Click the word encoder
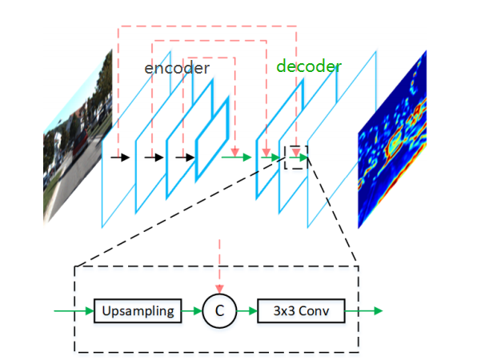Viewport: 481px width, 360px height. click(x=177, y=68)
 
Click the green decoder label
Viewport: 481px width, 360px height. click(x=309, y=66)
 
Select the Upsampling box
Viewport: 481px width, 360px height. click(x=138, y=310)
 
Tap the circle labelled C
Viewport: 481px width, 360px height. click(x=218, y=310)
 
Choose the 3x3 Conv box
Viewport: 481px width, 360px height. click(x=300, y=310)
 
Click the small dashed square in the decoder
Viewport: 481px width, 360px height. click(x=296, y=157)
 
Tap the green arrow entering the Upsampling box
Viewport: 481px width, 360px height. click(x=74, y=310)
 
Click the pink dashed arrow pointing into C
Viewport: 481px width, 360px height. click(x=218, y=276)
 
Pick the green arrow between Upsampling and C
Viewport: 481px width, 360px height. click(x=191, y=310)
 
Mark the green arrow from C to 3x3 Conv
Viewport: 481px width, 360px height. click(x=247, y=310)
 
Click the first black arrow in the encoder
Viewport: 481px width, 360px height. click(x=120, y=158)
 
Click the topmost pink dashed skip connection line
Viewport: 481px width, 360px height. click(x=208, y=26)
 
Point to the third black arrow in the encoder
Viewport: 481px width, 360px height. click(x=185, y=158)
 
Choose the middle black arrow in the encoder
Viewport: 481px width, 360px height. click(x=153, y=158)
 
